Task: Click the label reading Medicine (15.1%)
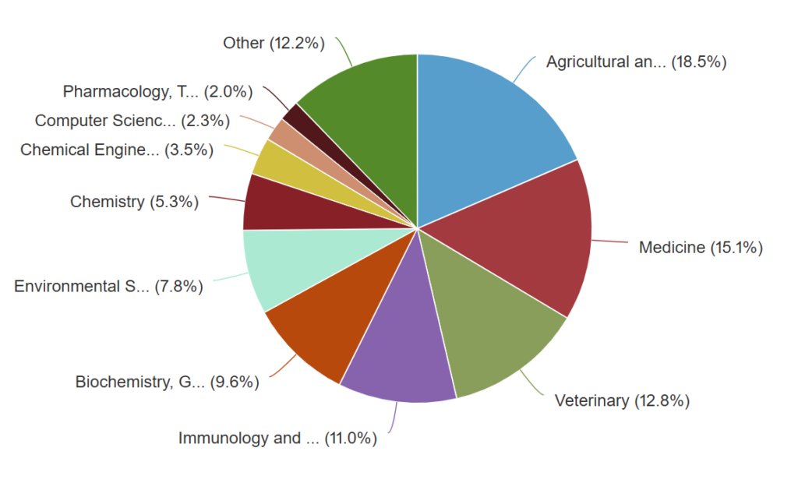701,248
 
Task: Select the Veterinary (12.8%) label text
622,401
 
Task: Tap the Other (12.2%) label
274,44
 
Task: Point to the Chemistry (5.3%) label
134,202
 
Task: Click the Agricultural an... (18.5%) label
636,62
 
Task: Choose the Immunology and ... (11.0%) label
277,438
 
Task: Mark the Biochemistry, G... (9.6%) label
167,382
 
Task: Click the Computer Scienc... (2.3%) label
132,121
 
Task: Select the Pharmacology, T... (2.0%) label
157,92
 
